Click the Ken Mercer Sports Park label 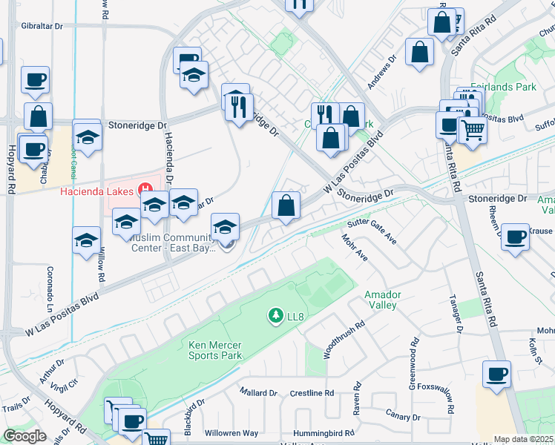[x=215, y=350]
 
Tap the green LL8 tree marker [x=276, y=317]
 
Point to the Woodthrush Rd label [x=344, y=340]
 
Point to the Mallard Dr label [x=258, y=392]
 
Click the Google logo [x=24, y=436]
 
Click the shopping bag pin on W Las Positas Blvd [x=286, y=205]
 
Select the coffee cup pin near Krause [x=515, y=237]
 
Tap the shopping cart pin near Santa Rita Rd [x=473, y=130]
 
